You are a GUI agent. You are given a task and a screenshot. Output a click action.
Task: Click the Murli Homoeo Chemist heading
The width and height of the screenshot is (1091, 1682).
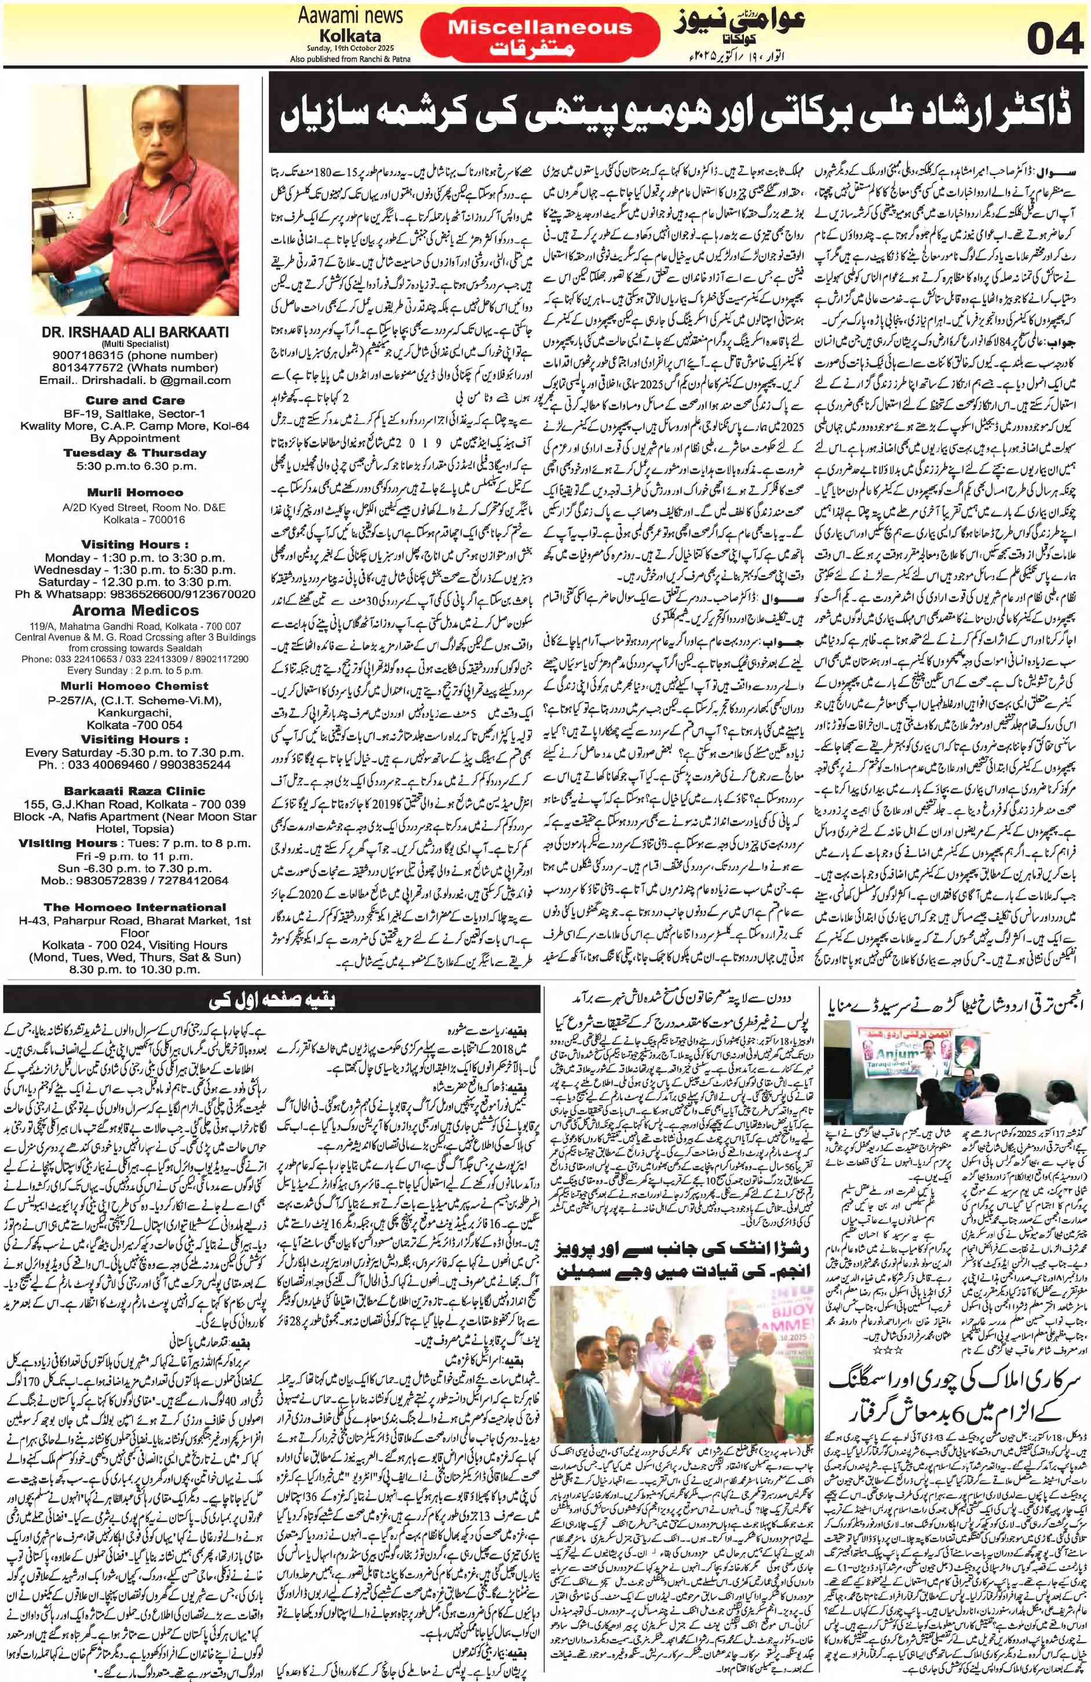point(134,686)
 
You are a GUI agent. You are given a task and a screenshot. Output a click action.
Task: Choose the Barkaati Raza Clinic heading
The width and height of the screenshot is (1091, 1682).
point(134,791)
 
